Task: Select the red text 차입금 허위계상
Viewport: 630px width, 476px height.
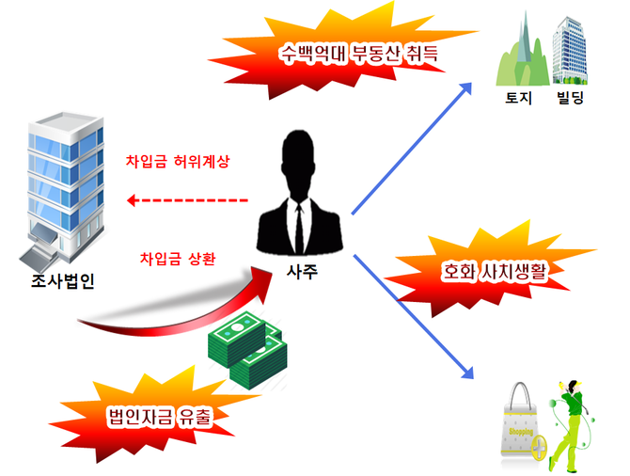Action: (x=177, y=161)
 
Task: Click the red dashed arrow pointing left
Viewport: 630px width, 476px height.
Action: (x=188, y=200)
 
